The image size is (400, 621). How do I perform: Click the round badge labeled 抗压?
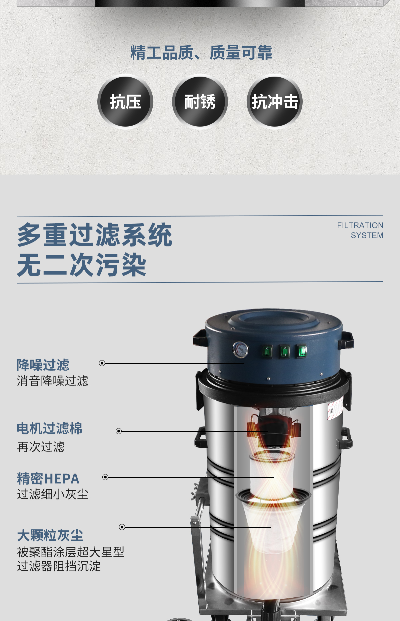[x=125, y=102]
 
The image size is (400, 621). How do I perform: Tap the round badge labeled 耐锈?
[x=200, y=102]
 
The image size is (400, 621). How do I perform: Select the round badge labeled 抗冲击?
[x=275, y=102]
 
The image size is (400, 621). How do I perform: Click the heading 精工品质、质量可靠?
[x=201, y=53]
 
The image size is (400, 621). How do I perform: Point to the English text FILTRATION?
[x=360, y=226]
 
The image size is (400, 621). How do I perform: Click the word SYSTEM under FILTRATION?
[x=367, y=236]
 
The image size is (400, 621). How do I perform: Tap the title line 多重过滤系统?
[x=95, y=235]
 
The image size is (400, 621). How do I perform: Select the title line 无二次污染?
[x=82, y=265]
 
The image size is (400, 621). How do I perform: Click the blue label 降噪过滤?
[x=43, y=365]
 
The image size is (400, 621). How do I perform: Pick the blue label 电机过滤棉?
[x=50, y=428]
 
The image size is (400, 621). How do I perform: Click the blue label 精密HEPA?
[x=48, y=479]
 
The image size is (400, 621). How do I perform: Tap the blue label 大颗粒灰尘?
[x=50, y=535]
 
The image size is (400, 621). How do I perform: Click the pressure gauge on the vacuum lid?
[x=240, y=350]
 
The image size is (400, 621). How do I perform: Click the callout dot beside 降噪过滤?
[x=102, y=363]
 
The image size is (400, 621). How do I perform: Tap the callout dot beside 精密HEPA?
[x=105, y=477]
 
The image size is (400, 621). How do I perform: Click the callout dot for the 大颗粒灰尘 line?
[x=122, y=527]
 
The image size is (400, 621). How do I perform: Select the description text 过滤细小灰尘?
[x=53, y=494]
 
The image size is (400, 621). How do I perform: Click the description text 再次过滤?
[x=41, y=447]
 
